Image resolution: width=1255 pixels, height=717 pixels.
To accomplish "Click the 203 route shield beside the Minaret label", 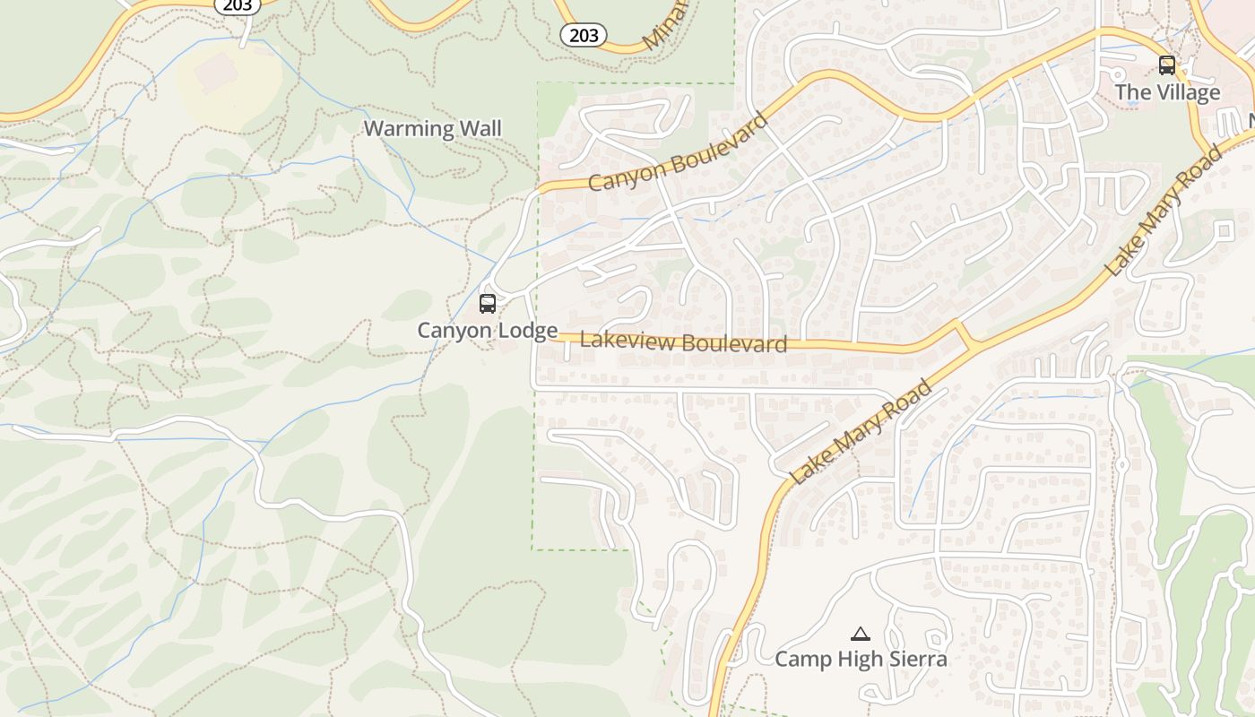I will click(584, 35).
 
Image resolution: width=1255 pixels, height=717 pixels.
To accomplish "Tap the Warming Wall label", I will click(432, 128).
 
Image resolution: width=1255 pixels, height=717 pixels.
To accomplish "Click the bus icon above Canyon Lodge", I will click(488, 303).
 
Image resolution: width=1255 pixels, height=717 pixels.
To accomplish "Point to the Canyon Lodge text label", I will click(488, 331).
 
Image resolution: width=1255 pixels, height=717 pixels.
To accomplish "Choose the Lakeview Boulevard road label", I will click(683, 342).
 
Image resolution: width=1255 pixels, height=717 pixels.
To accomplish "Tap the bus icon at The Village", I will click(1166, 65).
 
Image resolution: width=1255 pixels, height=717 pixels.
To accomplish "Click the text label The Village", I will click(1167, 92).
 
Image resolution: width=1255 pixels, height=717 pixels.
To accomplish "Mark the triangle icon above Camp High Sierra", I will click(861, 634).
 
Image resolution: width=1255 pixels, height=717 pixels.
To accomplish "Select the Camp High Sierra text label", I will click(861, 660).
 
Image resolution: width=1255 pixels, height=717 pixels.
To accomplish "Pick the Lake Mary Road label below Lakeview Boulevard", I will click(861, 433).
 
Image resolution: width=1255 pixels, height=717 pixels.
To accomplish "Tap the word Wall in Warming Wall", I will click(480, 128).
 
